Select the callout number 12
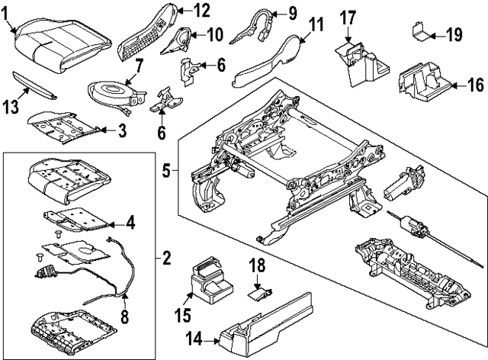201,10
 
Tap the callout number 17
348,16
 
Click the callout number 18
258,265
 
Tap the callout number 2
166,258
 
